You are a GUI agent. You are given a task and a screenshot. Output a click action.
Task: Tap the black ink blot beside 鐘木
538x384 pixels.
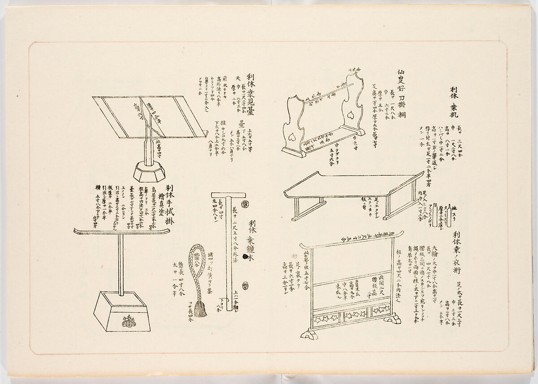click(x=244, y=256)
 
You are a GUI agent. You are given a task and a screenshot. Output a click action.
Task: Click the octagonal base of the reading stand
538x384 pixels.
click(x=149, y=172)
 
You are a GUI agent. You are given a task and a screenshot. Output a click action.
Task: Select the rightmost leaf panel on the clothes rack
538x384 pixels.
click(x=381, y=309)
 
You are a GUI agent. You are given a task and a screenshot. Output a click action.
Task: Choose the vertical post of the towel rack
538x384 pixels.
click(x=121, y=264)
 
